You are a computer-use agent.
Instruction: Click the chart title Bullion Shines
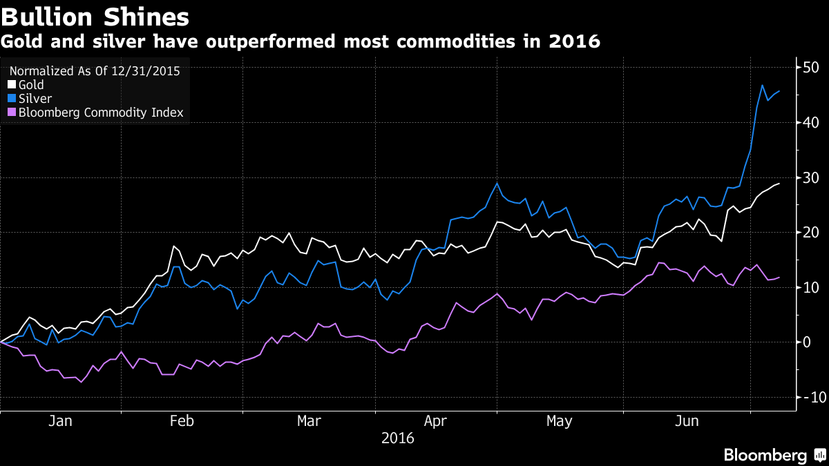[95, 15]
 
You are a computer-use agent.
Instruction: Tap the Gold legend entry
[31, 85]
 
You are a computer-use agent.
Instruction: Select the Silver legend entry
[35, 99]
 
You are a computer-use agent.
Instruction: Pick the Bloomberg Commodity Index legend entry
[101, 113]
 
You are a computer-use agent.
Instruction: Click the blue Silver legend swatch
[12, 99]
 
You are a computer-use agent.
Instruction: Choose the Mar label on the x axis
[309, 421]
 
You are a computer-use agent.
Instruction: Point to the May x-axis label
[559, 421]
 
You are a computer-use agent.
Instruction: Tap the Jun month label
[686, 421]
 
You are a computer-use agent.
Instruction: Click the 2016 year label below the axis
[397, 438]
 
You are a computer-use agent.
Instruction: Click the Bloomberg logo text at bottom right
[765, 455]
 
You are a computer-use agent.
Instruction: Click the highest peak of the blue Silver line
[762, 85]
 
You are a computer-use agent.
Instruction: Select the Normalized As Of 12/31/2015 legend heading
[99, 70]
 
